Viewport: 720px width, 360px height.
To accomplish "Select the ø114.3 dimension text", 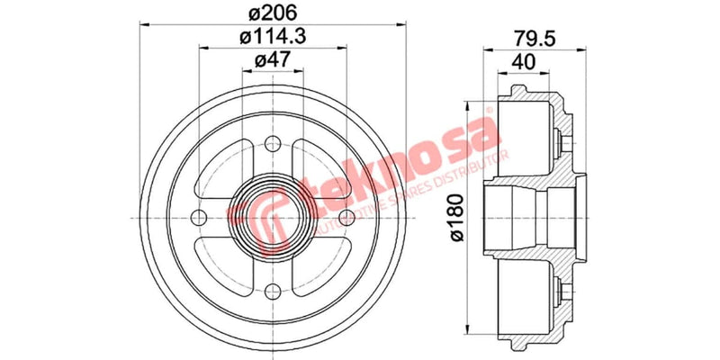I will [x=273, y=37].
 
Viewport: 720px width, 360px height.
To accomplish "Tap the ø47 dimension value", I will [x=273, y=60].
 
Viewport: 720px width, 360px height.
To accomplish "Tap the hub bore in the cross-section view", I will [x=522, y=216].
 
